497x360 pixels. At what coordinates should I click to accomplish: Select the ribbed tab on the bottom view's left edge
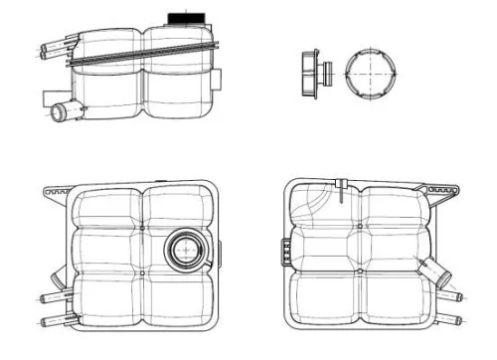(286, 253)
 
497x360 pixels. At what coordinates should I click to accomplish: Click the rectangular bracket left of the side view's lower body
(50, 97)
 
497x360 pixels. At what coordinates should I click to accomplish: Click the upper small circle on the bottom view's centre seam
(358, 228)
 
